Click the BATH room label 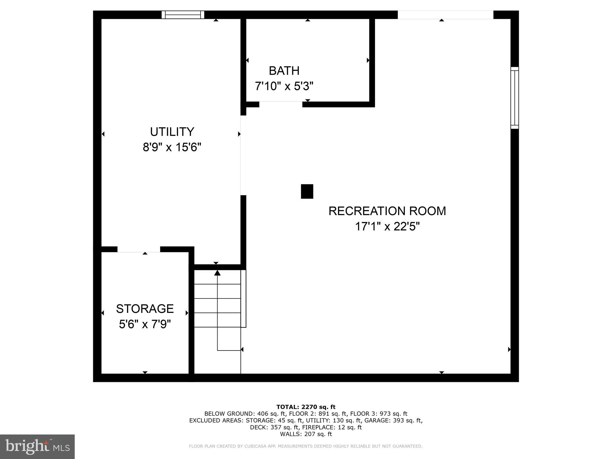pyautogui.click(x=284, y=71)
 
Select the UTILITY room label pyautogui.click(x=172, y=132)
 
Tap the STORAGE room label pyautogui.click(x=145, y=309)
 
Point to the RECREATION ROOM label pyautogui.click(x=387, y=211)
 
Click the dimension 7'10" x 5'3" pyautogui.click(x=284, y=86)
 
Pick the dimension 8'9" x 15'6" pyautogui.click(x=172, y=147)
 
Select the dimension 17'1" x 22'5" pyautogui.click(x=387, y=227)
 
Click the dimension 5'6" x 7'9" pyautogui.click(x=145, y=324)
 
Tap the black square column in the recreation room pyautogui.click(x=307, y=191)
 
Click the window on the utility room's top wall pyautogui.click(x=183, y=15)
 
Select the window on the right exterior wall pyautogui.click(x=514, y=98)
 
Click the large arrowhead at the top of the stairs pyautogui.click(x=217, y=273)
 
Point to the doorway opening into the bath pyautogui.click(x=281, y=104)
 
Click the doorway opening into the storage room pyautogui.click(x=139, y=249)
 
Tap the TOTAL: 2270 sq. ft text pyautogui.click(x=306, y=407)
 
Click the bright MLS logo pyautogui.click(x=37, y=446)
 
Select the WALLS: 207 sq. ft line pyautogui.click(x=306, y=434)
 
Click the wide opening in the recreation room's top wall pyautogui.click(x=445, y=15)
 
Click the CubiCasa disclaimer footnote pyautogui.click(x=305, y=446)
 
